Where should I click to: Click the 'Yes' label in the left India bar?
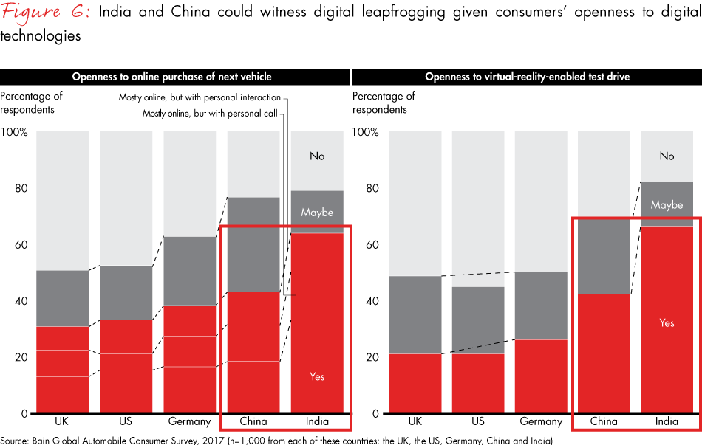pyautogui.click(x=317, y=376)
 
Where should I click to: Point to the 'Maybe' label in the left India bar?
pyautogui.click(x=317, y=213)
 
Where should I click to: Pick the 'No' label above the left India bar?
pyautogui.click(x=317, y=156)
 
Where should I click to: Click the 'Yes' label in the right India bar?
pyautogui.click(x=667, y=323)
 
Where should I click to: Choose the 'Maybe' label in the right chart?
pyautogui.click(x=667, y=204)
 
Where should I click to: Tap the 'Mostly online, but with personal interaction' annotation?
pyautogui.click(x=200, y=97)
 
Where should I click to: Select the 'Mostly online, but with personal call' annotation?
pyautogui.click(x=211, y=113)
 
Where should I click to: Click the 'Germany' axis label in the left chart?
pyautogui.click(x=188, y=422)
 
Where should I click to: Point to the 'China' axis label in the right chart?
pyautogui.click(x=604, y=422)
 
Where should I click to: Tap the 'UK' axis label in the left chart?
pyautogui.click(x=62, y=422)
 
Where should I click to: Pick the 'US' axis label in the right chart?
pyautogui.click(x=478, y=422)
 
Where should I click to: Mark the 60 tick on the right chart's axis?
pyautogui.click(x=372, y=245)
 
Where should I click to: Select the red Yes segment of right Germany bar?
pyautogui.click(x=541, y=376)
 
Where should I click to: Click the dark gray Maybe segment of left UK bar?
pyautogui.click(x=62, y=298)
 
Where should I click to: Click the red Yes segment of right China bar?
pyautogui.click(x=604, y=354)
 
